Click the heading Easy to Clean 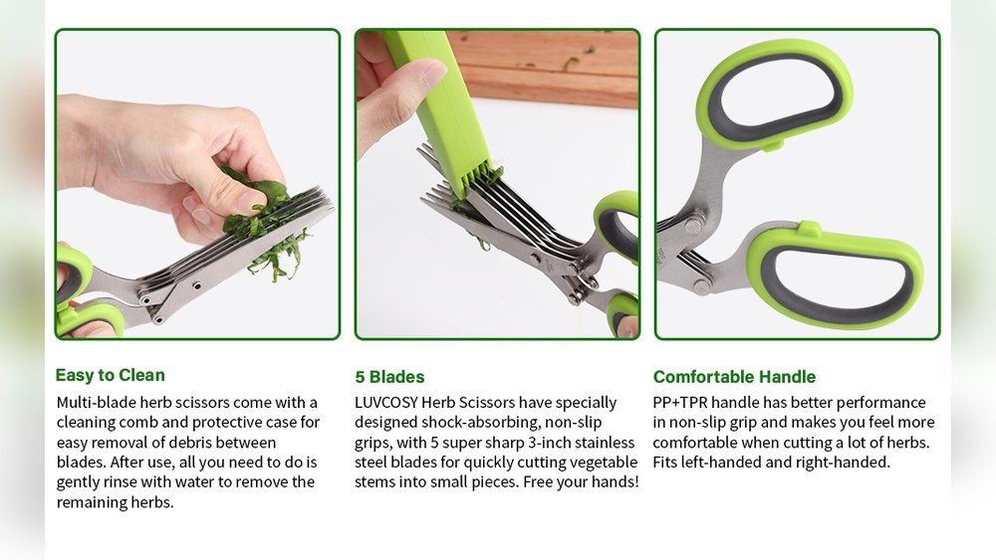coord(110,375)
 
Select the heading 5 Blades coord(389,377)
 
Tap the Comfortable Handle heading coord(734,377)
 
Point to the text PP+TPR coord(679,403)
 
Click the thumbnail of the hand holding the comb coord(497,184)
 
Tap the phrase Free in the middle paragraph coord(538,482)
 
